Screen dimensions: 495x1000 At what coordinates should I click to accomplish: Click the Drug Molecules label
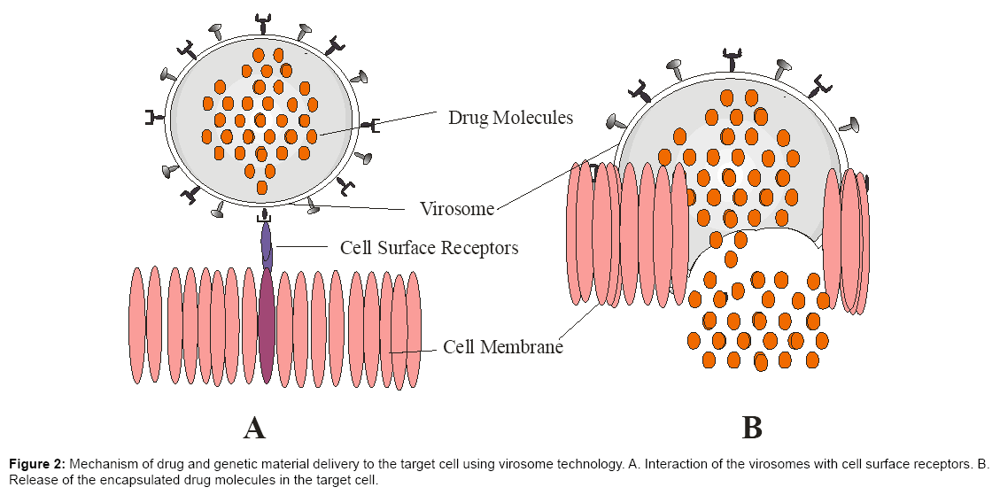tap(510, 117)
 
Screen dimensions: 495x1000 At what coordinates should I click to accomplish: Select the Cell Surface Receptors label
tap(429, 247)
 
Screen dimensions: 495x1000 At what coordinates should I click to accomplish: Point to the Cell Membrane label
tap(503, 346)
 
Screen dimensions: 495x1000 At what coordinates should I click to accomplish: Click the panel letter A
tap(254, 428)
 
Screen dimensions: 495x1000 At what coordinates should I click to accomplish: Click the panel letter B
tap(752, 428)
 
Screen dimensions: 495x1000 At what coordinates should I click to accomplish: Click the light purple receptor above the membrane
tap(267, 245)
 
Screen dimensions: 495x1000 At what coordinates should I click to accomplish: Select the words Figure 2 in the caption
tap(37, 464)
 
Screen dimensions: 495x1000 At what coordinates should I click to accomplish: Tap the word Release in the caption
tap(34, 481)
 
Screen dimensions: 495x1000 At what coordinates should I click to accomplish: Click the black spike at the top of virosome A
tap(262, 19)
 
